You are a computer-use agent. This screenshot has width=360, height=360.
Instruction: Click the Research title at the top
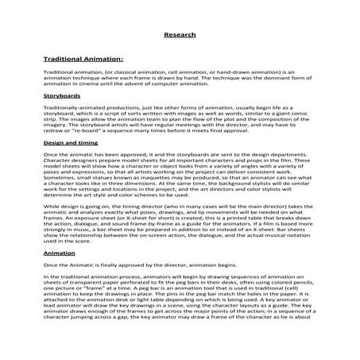(x=180, y=35)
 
